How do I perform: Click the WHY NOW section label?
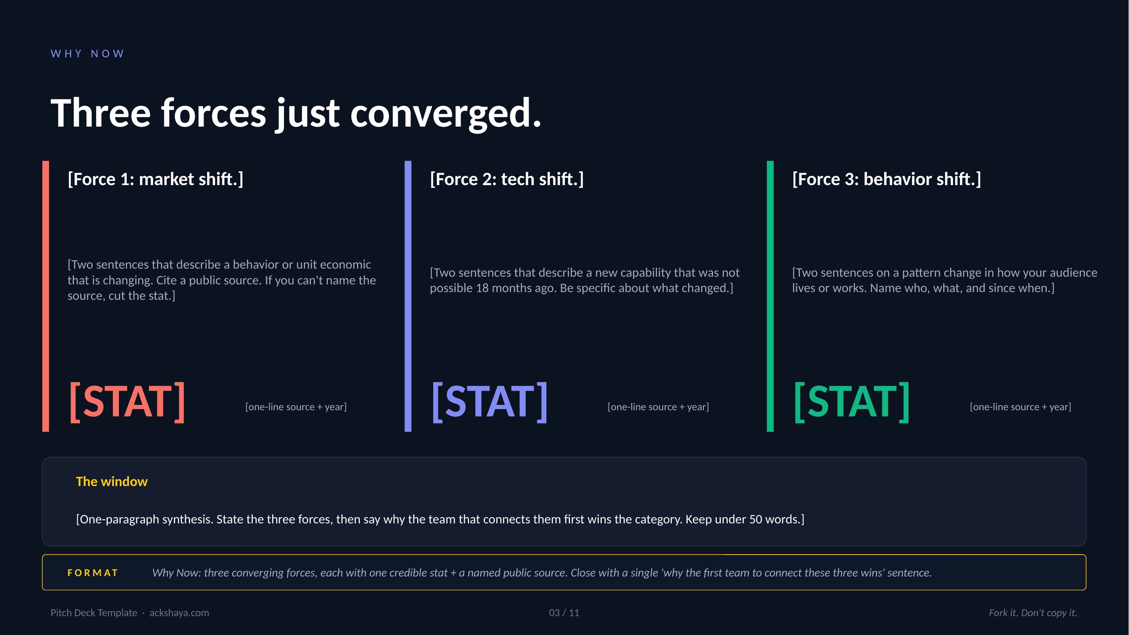click(88, 53)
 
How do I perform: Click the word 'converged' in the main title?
click(445, 114)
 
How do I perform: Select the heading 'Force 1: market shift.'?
click(155, 179)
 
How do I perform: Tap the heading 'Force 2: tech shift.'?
click(507, 179)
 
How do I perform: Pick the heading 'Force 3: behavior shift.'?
click(886, 179)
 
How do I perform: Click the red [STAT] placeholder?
click(127, 401)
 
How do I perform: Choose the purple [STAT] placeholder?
click(489, 401)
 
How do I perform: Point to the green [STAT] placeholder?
click(852, 401)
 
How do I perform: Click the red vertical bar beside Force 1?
click(45, 296)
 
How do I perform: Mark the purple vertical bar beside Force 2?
click(408, 296)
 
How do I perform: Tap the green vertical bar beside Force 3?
click(770, 296)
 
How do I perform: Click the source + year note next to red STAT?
click(296, 407)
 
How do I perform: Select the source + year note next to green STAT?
click(1020, 407)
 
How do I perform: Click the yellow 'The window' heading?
click(112, 481)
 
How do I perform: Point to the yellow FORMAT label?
click(93, 573)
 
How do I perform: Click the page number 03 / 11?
click(564, 613)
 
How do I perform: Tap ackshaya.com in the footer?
click(179, 613)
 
